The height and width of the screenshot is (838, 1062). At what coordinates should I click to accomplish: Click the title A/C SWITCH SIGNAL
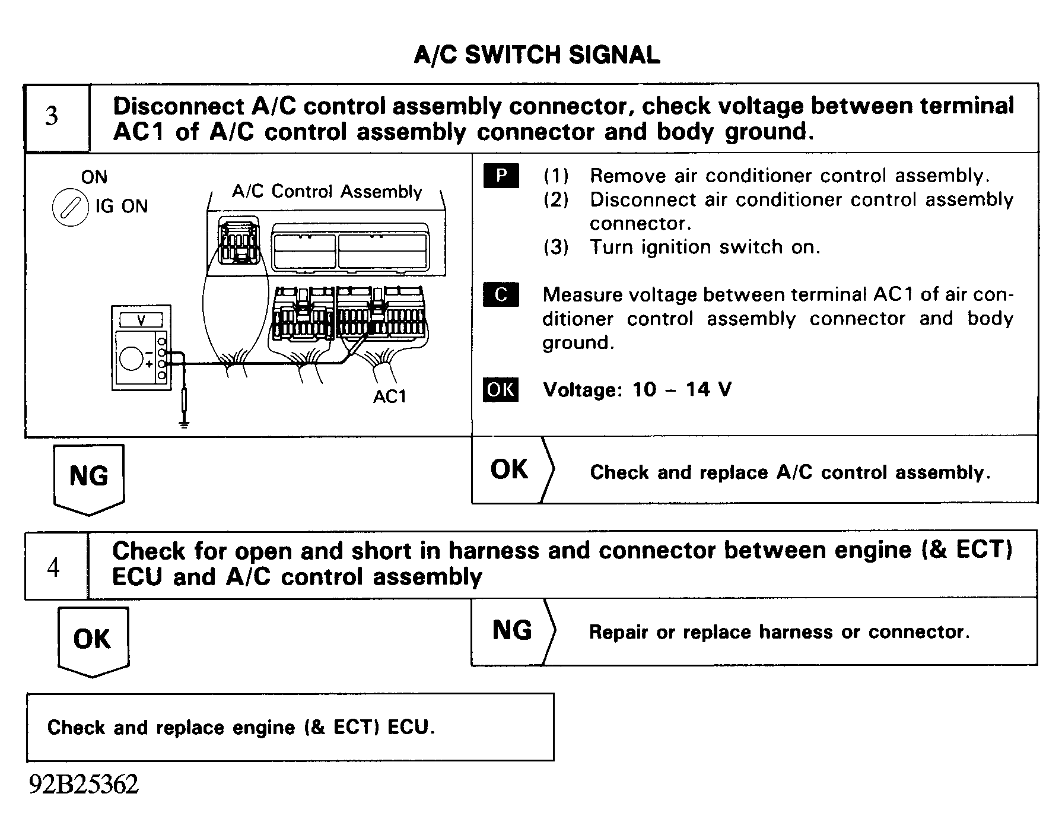click(x=536, y=55)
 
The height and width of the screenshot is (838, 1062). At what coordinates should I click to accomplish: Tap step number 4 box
click(x=53, y=568)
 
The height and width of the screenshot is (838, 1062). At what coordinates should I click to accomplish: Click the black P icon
click(x=501, y=176)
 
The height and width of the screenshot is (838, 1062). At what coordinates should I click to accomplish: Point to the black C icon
click(x=501, y=295)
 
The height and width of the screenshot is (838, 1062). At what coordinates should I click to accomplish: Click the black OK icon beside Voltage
click(x=500, y=390)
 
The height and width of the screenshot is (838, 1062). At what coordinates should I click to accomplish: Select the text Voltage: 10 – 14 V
click(x=637, y=390)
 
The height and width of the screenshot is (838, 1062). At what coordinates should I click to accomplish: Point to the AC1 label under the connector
click(x=390, y=396)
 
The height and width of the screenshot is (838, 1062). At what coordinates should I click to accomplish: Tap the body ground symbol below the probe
click(x=185, y=424)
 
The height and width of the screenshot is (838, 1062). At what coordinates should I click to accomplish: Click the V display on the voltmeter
click(x=141, y=320)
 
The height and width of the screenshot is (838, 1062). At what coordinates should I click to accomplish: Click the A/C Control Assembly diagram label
click(x=327, y=192)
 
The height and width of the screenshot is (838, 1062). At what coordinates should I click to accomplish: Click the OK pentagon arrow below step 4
click(x=93, y=640)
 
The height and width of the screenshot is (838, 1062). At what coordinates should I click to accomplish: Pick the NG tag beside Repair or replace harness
click(x=512, y=630)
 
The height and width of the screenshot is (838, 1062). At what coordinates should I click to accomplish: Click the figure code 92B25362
click(x=84, y=785)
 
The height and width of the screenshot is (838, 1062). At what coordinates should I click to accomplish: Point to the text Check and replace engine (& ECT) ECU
click(x=241, y=728)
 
